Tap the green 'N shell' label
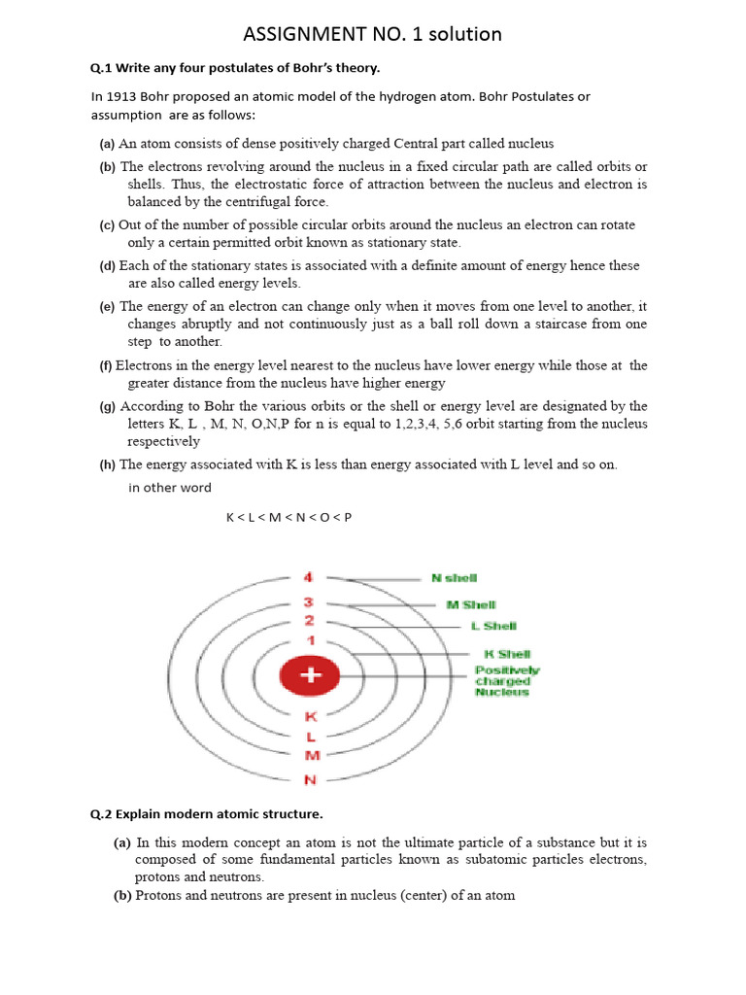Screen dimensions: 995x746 point(454,578)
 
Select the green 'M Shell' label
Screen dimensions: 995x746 point(471,604)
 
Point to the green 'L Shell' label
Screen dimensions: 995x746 point(493,627)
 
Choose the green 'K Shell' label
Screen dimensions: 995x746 point(507,655)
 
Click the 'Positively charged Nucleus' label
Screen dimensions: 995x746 point(506,680)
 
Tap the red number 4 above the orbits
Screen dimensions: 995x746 point(308,577)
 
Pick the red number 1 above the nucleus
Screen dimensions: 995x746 point(310,640)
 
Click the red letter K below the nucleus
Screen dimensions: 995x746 point(311,717)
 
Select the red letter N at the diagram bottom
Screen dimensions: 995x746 point(311,779)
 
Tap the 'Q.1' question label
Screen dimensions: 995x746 point(102,67)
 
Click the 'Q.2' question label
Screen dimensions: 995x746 point(102,812)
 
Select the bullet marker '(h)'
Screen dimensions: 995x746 point(107,464)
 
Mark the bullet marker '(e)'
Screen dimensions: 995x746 point(107,306)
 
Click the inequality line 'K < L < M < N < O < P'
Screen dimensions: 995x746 point(288,517)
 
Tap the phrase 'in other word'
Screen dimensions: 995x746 point(169,488)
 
